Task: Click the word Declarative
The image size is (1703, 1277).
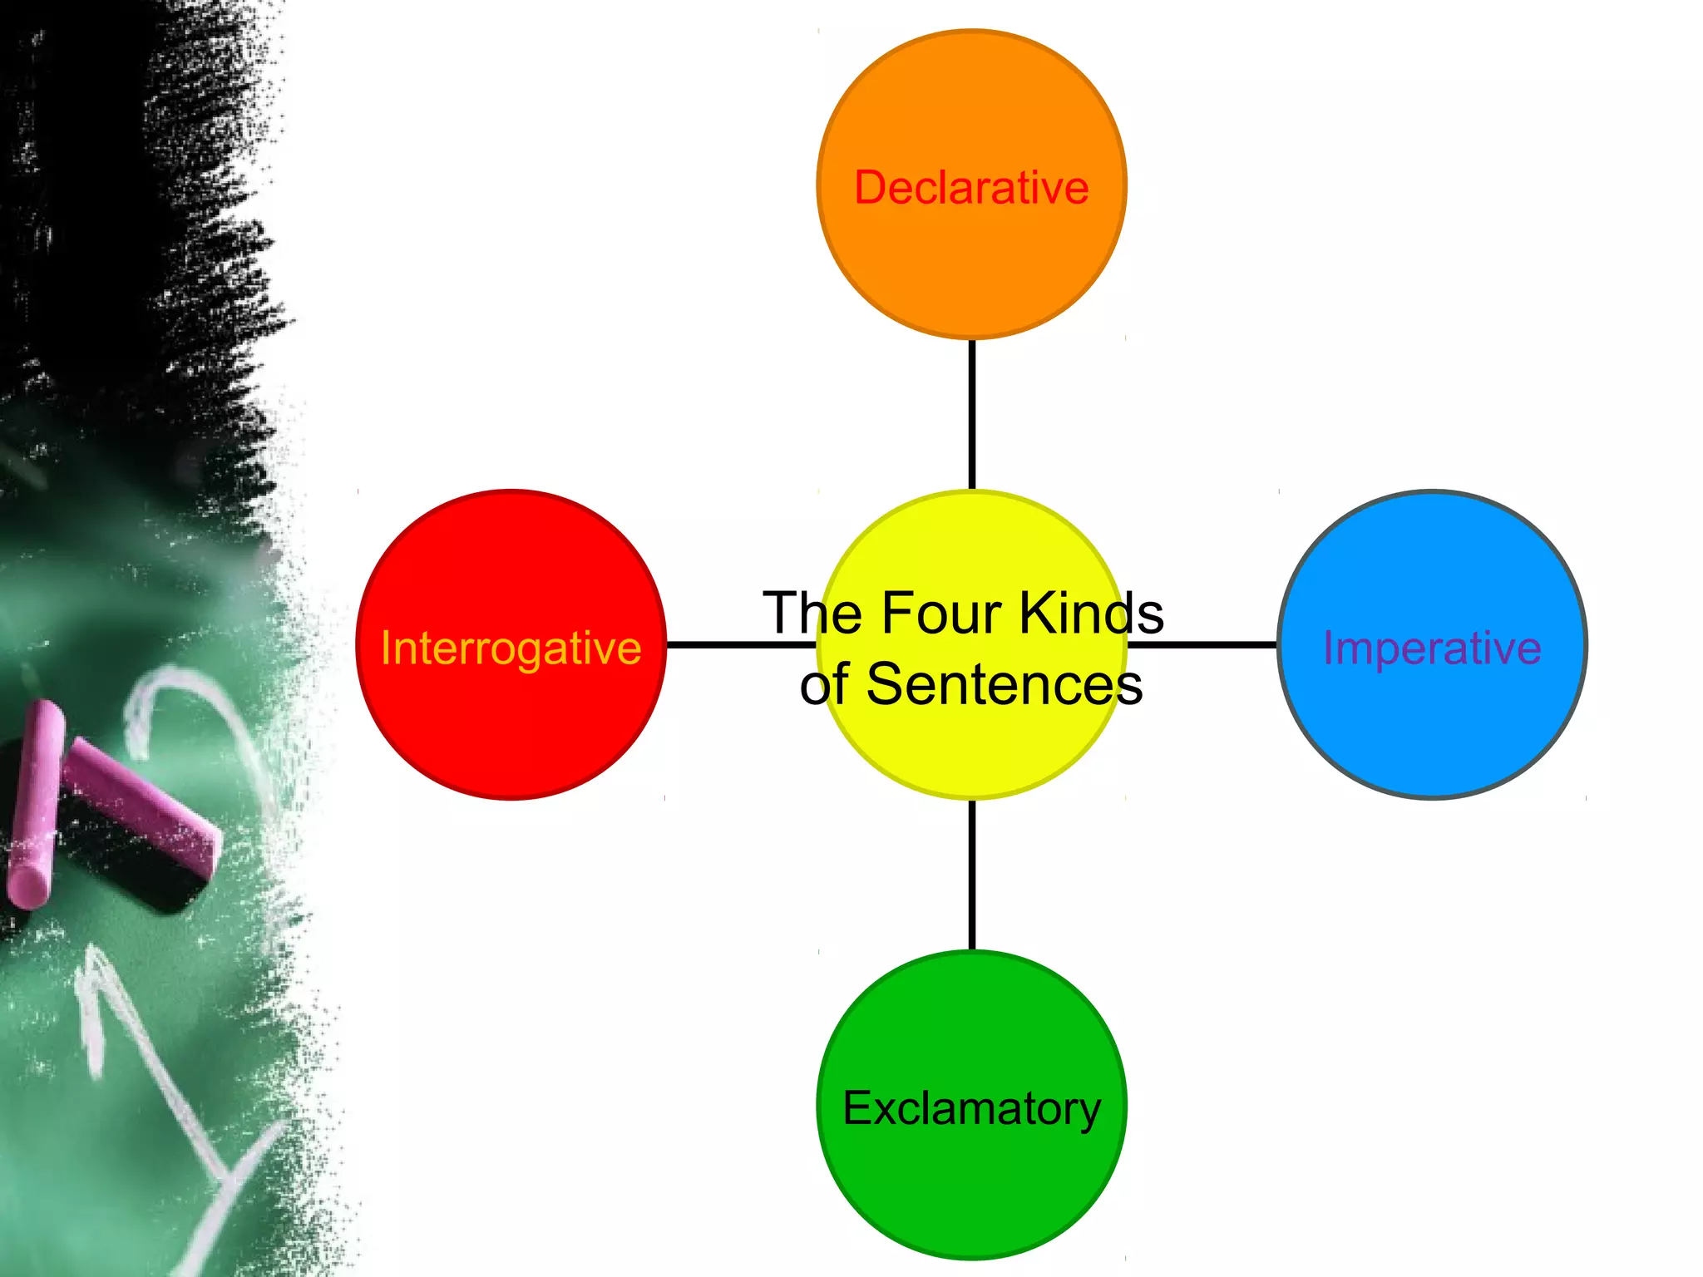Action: click(971, 188)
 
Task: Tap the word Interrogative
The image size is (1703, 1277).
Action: click(511, 648)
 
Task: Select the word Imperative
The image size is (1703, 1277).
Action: click(1432, 648)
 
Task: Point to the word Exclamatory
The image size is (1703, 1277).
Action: click(971, 1108)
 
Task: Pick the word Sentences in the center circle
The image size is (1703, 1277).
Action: click(1005, 685)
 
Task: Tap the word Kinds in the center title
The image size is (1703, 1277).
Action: click(1091, 614)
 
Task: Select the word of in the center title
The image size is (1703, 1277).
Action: click(824, 685)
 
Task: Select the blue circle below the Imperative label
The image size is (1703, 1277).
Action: click(1432, 732)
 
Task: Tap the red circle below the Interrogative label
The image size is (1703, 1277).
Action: click(511, 732)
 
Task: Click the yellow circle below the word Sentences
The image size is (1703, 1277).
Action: click(971, 752)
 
